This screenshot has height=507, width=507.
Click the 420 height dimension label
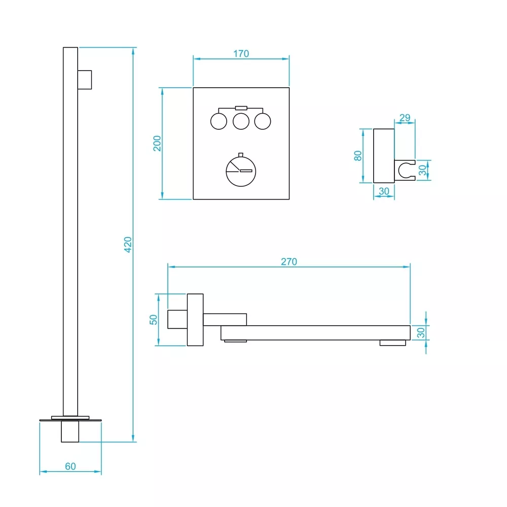coord(128,245)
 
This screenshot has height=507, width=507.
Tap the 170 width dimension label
coord(241,54)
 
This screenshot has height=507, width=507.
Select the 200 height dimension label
coord(157,144)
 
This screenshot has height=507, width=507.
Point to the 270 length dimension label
coord(289,261)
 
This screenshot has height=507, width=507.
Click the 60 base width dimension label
coord(70,466)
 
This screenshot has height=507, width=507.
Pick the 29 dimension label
coord(405,118)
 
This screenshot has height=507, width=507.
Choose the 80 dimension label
coord(358,156)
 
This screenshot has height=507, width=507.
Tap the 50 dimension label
coord(153,320)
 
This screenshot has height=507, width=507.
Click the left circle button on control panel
coord(219,121)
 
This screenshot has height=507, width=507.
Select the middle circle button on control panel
coord(241,121)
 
